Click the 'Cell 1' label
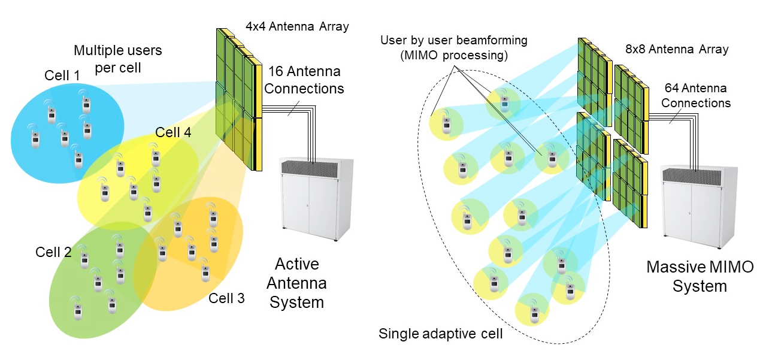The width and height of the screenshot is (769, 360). click(x=62, y=75)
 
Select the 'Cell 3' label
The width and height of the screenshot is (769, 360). click(x=226, y=298)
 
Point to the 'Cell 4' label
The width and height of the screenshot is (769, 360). click(x=173, y=132)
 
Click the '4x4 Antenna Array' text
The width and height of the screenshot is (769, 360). click(x=297, y=26)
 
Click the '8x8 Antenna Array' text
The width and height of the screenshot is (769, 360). click(x=677, y=49)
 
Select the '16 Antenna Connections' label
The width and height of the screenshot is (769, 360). click(x=304, y=80)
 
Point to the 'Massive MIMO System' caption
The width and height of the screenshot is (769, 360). click(x=700, y=277)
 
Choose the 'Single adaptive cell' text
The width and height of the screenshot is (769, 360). click(x=440, y=334)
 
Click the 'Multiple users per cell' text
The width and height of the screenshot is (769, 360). click(x=118, y=59)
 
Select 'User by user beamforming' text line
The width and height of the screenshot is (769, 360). click(x=454, y=41)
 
